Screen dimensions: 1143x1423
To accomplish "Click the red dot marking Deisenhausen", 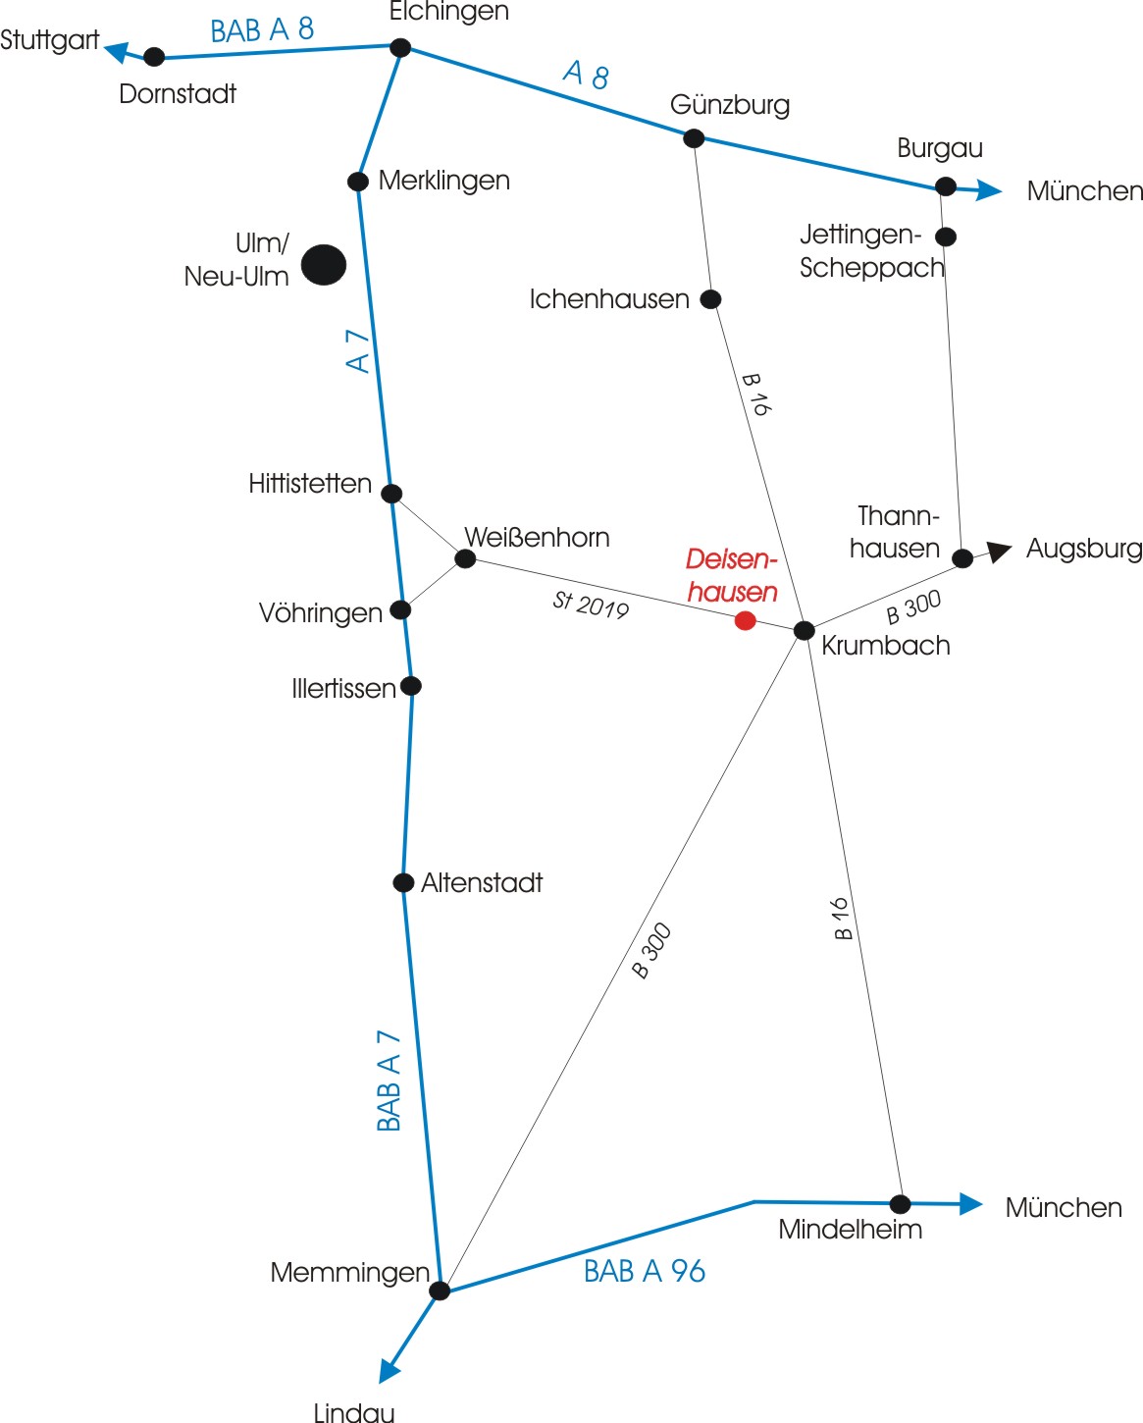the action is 745,620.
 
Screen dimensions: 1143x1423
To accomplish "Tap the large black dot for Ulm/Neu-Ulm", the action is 323,265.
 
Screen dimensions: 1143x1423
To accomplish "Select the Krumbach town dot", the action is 804,630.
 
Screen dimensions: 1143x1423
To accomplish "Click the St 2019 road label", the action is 591,606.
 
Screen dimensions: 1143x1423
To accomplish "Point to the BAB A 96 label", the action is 645,1271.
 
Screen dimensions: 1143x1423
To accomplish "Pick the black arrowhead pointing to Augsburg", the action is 1000,551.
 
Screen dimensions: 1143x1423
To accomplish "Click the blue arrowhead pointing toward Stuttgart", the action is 117,52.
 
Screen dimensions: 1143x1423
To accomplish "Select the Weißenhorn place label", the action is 537,538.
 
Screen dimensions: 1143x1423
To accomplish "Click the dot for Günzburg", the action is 694,138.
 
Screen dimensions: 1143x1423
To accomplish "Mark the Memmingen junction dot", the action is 440,1291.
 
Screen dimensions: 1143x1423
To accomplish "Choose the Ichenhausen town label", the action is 609,299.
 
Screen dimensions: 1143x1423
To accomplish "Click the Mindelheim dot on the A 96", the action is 901,1203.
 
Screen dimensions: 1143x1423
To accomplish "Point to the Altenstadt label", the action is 482,883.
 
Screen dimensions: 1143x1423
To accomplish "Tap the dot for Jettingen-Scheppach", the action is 946,237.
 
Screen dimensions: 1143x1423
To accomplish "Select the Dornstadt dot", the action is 154,57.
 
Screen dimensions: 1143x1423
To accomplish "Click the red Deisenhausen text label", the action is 732,575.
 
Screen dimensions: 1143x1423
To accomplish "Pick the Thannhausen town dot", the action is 962,558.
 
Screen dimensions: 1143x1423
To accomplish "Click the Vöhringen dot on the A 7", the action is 400,609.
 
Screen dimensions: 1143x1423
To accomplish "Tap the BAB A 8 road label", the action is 262,29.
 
